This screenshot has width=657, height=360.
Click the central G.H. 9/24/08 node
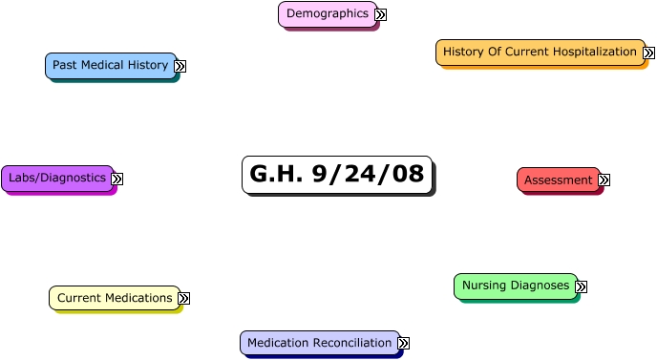point(336,175)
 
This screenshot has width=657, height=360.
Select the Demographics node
point(327,14)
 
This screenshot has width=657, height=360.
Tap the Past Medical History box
point(110,66)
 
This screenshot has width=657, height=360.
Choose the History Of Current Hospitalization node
point(540,52)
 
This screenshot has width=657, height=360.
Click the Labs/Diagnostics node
point(57,178)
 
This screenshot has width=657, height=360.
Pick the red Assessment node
point(559,180)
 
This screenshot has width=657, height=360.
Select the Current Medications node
point(115,298)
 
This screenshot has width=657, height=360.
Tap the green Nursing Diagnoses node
point(515,286)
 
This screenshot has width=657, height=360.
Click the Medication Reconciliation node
point(319,343)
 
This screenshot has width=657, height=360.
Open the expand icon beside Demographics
point(380,15)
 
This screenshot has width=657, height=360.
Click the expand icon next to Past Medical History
point(180,67)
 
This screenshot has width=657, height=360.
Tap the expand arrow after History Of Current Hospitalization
point(648,53)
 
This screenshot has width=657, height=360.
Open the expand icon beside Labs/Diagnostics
point(117,179)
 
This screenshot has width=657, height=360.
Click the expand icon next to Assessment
point(604,180)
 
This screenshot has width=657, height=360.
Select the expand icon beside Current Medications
point(183,299)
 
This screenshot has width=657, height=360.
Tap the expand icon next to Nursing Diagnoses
point(581,286)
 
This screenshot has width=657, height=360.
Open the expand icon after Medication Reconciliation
point(403,343)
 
